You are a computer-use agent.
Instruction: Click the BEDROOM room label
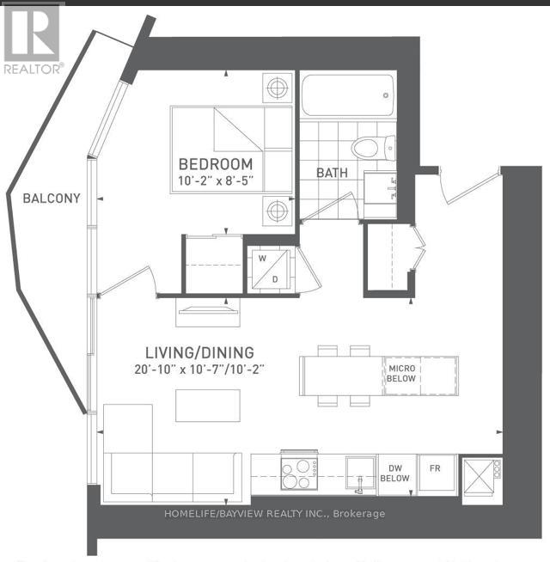[x=216, y=164]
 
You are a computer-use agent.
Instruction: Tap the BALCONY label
[x=52, y=199]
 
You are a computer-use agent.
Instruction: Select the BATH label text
[x=333, y=172]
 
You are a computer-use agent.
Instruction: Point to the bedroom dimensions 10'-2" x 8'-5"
[x=216, y=181]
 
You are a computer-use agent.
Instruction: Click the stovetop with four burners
[x=297, y=473]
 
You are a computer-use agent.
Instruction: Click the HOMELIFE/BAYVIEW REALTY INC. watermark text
[x=274, y=514]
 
